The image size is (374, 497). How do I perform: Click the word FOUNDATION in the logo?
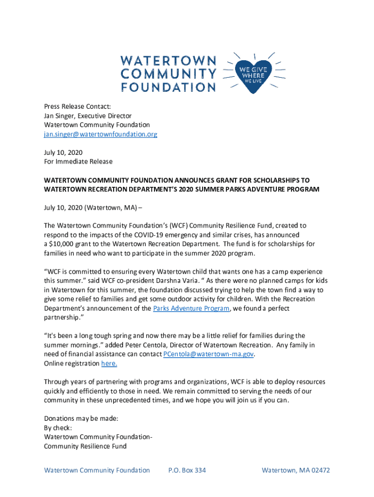pos(168,87)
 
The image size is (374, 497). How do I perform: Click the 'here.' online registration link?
pos(109,364)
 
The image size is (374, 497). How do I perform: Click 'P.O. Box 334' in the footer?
pos(187,470)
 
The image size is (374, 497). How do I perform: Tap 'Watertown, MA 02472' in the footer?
pos(296,470)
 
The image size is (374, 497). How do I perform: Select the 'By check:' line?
pos(58,428)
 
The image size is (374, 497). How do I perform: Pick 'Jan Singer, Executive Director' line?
pos(88,116)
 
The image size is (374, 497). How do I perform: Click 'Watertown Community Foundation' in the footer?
pos(97,470)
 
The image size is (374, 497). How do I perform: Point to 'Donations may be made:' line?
pos(81,418)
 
